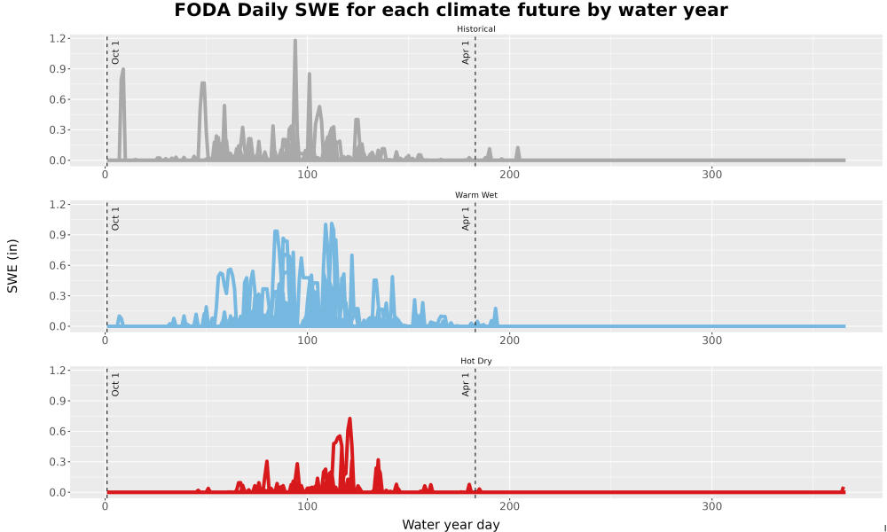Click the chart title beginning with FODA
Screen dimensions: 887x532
point(451,10)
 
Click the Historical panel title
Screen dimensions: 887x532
point(475,29)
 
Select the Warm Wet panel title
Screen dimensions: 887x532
point(475,195)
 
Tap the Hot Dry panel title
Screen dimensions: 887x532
point(475,361)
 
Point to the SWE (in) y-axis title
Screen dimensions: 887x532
point(12,266)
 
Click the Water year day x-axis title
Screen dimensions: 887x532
point(451,525)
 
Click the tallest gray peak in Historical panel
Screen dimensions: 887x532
point(295,41)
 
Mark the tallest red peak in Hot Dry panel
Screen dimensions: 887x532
point(349,419)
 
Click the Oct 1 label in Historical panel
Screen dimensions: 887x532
point(115,52)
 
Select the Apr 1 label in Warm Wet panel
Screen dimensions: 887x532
point(466,218)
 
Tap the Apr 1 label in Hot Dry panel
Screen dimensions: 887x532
point(466,385)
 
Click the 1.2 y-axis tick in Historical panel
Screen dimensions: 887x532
point(59,38)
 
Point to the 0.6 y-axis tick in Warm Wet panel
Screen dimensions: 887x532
point(59,265)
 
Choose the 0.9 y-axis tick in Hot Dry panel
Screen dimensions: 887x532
point(59,401)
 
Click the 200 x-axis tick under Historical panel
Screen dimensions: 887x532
point(510,175)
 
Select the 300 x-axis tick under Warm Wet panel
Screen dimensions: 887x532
point(711,340)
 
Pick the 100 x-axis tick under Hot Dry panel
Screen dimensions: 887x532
point(307,506)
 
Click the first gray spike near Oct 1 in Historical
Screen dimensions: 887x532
point(122,70)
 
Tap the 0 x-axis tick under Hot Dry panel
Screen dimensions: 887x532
point(106,506)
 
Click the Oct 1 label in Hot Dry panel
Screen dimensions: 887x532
point(115,385)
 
